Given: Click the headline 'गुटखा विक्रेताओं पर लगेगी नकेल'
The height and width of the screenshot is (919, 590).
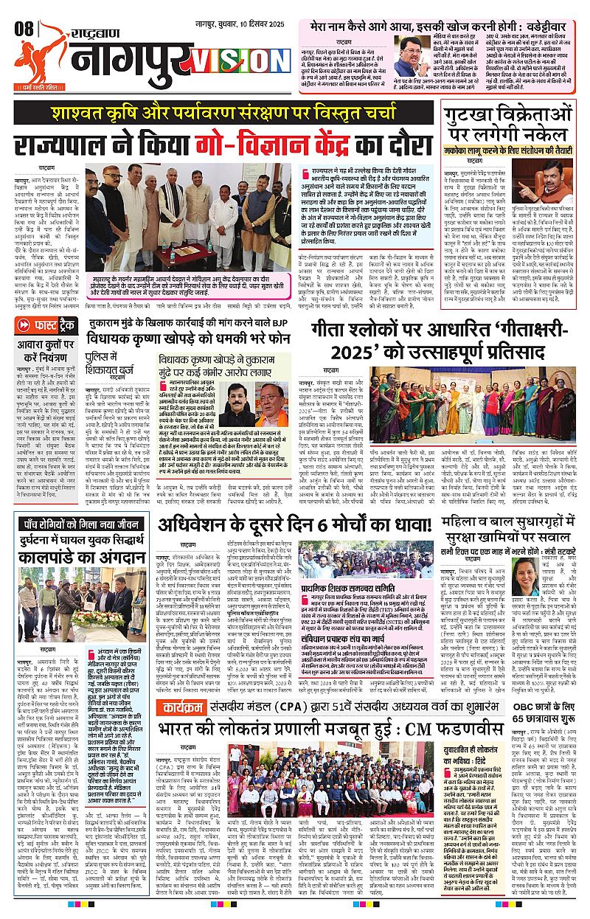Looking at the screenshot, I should [x=518, y=127].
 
